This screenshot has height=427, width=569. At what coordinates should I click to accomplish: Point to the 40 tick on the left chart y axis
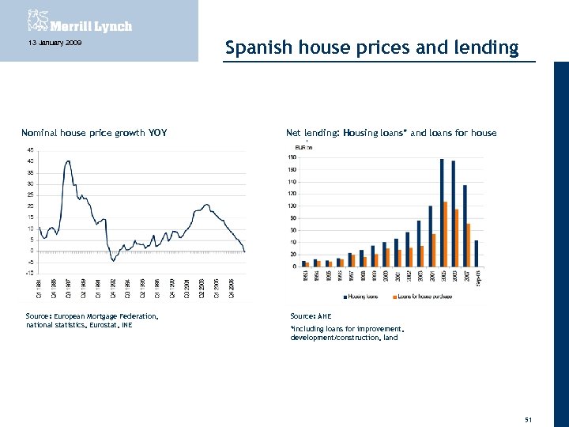click(x=30, y=161)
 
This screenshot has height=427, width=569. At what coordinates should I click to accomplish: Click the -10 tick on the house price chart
click(x=30, y=273)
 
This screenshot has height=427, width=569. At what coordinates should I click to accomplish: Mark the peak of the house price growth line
click(x=69, y=161)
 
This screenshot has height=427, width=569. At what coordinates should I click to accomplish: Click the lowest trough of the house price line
click(x=113, y=259)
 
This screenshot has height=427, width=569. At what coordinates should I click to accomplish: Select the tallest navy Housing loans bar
click(x=441, y=212)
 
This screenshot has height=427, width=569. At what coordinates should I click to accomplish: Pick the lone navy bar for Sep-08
click(x=477, y=253)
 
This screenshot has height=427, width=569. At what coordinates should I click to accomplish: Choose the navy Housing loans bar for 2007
click(x=465, y=225)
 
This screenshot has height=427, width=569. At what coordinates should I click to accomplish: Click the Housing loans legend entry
click(x=362, y=297)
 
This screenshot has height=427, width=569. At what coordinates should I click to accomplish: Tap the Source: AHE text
click(x=306, y=316)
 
